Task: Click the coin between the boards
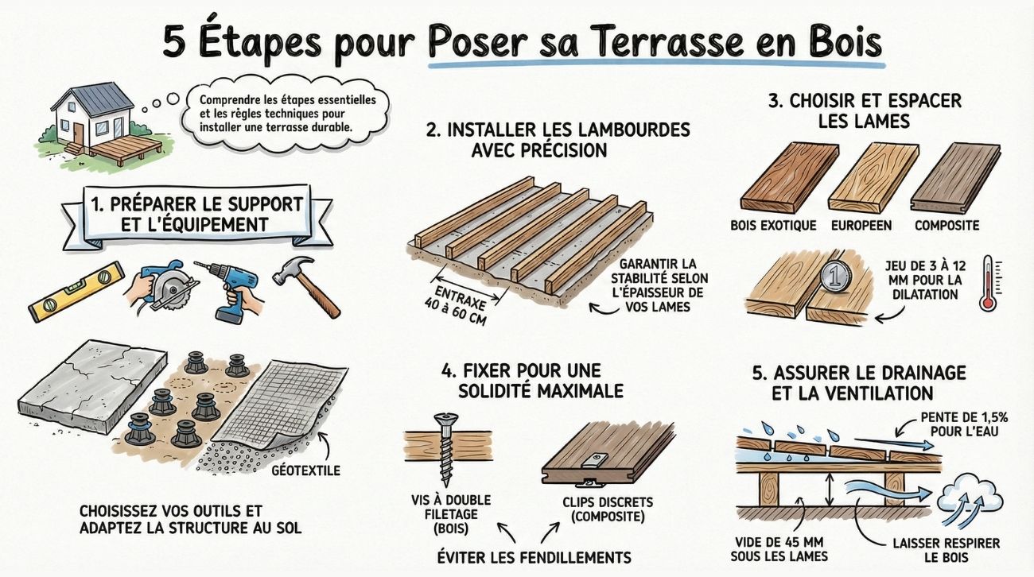834,277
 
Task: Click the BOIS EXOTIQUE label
773,226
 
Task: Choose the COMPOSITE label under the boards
947,226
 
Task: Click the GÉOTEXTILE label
305,471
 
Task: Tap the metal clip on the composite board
595,459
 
